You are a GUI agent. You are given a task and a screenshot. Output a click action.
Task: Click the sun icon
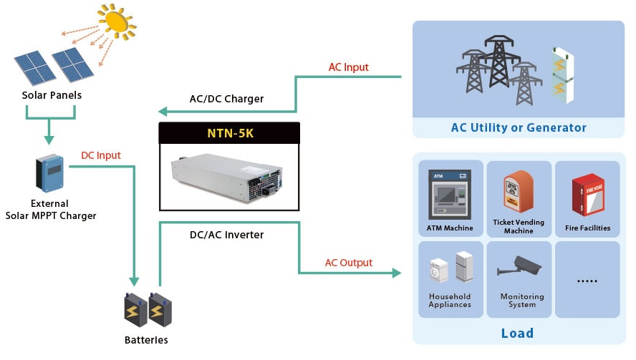pos(117,24)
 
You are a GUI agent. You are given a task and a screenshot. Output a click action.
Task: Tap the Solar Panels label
pos(52,95)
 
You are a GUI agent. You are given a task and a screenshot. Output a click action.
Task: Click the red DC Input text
pos(101,155)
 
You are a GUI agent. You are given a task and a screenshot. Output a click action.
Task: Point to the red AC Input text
pos(348,67)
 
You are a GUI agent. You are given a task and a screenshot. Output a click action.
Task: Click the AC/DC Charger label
pos(226,99)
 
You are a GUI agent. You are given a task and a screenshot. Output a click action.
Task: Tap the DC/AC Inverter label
pos(226,235)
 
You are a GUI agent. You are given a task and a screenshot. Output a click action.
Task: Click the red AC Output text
pos(349,263)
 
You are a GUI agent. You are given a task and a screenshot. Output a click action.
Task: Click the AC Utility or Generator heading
pos(519,128)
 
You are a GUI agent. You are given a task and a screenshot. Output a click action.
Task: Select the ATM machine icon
pos(449,194)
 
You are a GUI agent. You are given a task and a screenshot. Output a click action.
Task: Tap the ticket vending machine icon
pos(519,193)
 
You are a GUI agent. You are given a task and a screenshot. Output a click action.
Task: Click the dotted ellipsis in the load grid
pos(587,282)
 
